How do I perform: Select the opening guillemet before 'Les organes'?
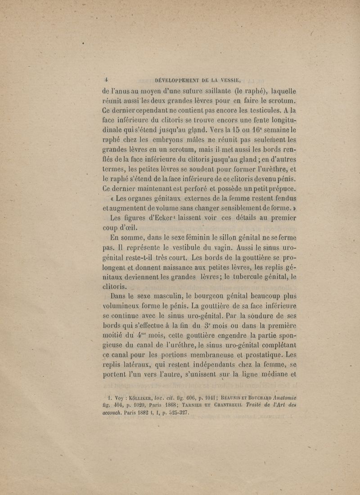pos(112,198)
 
